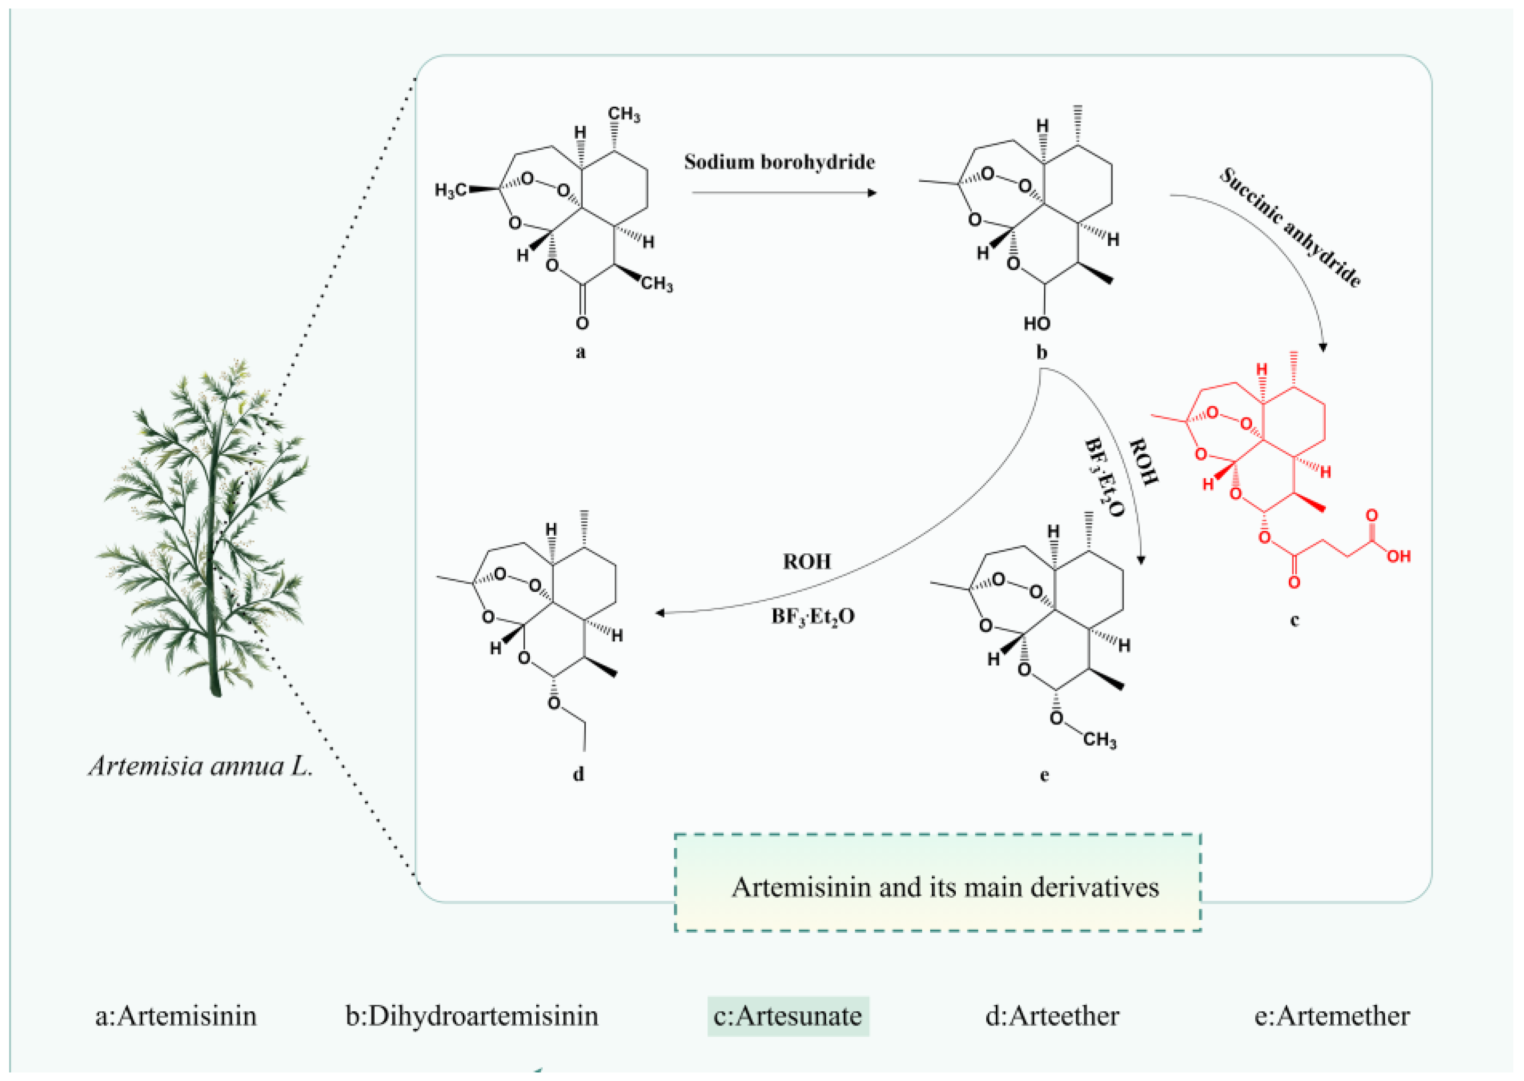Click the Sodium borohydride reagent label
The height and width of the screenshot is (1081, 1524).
click(x=779, y=162)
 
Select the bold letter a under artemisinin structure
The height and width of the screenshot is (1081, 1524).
click(x=580, y=352)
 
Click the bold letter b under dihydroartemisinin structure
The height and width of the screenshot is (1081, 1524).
click(x=1042, y=352)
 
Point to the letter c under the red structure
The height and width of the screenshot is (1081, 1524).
click(x=1294, y=620)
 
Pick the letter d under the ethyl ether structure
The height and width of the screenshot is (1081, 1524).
click(x=578, y=774)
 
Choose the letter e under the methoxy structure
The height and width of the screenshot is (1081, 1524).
click(x=1044, y=775)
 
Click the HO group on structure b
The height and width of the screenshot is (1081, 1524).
click(x=1036, y=324)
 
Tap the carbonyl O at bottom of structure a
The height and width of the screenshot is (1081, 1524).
click(x=582, y=324)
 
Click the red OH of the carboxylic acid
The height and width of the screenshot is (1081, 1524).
click(x=1398, y=556)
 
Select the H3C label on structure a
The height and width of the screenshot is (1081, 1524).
click(x=450, y=191)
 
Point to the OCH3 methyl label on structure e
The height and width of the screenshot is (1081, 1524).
click(x=1099, y=740)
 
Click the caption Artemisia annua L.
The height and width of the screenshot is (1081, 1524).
click(x=200, y=766)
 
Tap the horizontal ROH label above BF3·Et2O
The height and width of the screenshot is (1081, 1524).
click(x=807, y=562)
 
